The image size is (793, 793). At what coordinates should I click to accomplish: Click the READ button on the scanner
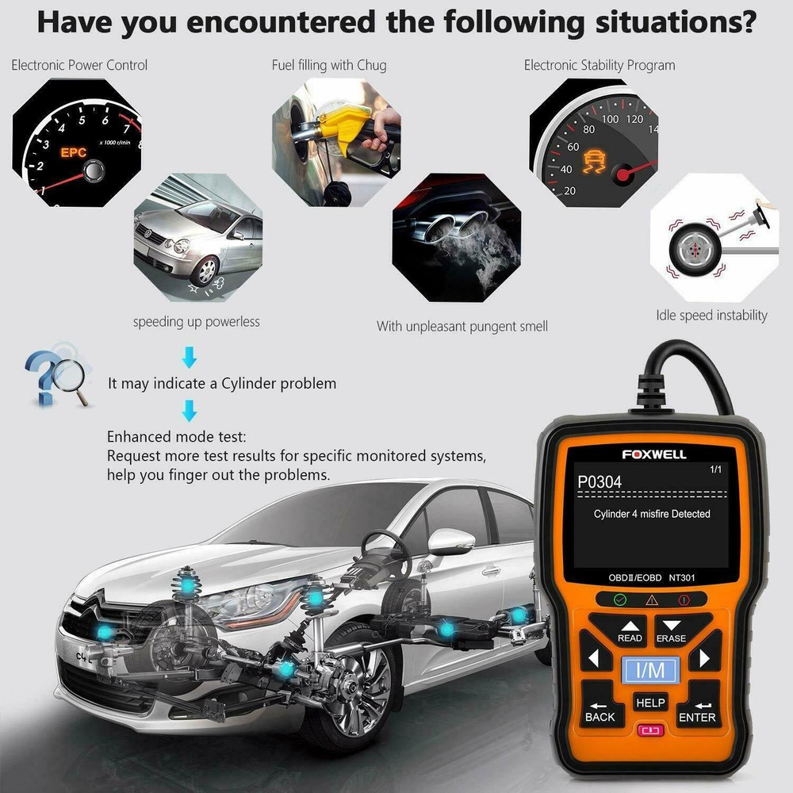(630, 630)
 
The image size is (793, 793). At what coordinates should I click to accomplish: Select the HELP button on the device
(650, 703)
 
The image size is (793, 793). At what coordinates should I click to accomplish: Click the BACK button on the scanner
(600, 711)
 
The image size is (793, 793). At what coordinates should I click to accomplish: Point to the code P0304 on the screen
(600, 481)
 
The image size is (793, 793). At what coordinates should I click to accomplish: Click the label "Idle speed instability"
(711, 315)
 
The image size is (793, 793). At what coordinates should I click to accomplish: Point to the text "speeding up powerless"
(196, 321)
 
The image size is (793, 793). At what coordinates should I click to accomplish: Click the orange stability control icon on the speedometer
(592, 164)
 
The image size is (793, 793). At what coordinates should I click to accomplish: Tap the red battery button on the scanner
(650, 731)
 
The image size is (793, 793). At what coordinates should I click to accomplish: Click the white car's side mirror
(449, 540)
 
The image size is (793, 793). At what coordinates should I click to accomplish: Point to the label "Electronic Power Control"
(79, 65)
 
